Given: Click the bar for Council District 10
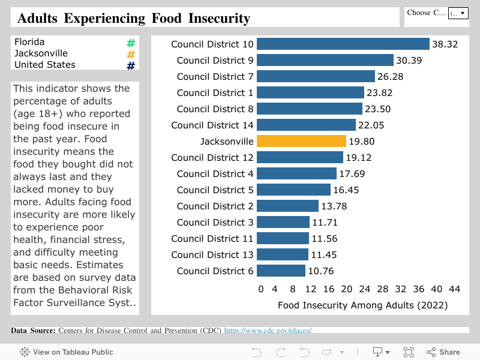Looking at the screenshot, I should click(x=343, y=44).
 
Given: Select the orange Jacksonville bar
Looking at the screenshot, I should click(x=301, y=141).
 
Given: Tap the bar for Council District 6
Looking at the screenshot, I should click(x=281, y=271).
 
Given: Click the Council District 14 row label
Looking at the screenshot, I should click(x=212, y=125).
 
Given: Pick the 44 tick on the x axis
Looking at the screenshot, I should click(x=454, y=289).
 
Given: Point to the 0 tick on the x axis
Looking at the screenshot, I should click(x=260, y=289).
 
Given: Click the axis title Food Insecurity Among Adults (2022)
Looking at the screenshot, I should click(x=362, y=305).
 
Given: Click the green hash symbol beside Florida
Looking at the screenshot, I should click(x=131, y=43).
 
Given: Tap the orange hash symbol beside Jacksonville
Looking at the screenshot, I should click(x=131, y=55).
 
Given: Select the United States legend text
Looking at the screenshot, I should click(x=45, y=65).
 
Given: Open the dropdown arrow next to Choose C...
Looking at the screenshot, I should click(x=463, y=13).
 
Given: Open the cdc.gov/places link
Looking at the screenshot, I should click(x=268, y=331).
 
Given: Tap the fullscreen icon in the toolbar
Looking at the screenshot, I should click(x=409, y=352).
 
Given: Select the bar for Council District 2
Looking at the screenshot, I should click(x=287, y=206).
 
